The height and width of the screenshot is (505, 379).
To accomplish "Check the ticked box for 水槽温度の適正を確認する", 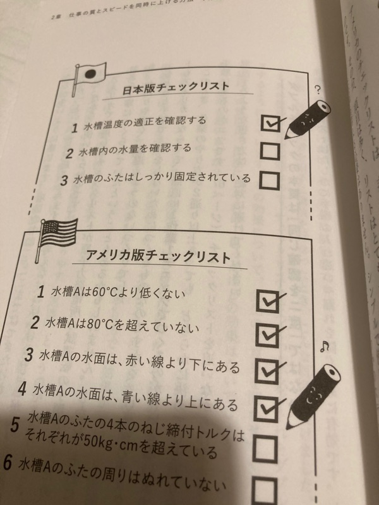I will [270, 122].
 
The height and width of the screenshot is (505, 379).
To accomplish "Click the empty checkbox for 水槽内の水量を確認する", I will [270, 151].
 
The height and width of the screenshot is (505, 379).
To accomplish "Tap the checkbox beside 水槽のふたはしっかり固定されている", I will [270, 180].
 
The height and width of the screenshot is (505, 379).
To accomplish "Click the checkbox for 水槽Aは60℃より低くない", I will [266, 300].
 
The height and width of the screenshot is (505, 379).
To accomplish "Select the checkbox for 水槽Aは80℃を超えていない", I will [266, 333].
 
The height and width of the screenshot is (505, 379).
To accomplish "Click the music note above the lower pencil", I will [325, 345].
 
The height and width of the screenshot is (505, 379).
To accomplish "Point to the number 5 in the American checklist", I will [15, 425].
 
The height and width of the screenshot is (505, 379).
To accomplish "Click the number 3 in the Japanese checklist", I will [63, 180].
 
